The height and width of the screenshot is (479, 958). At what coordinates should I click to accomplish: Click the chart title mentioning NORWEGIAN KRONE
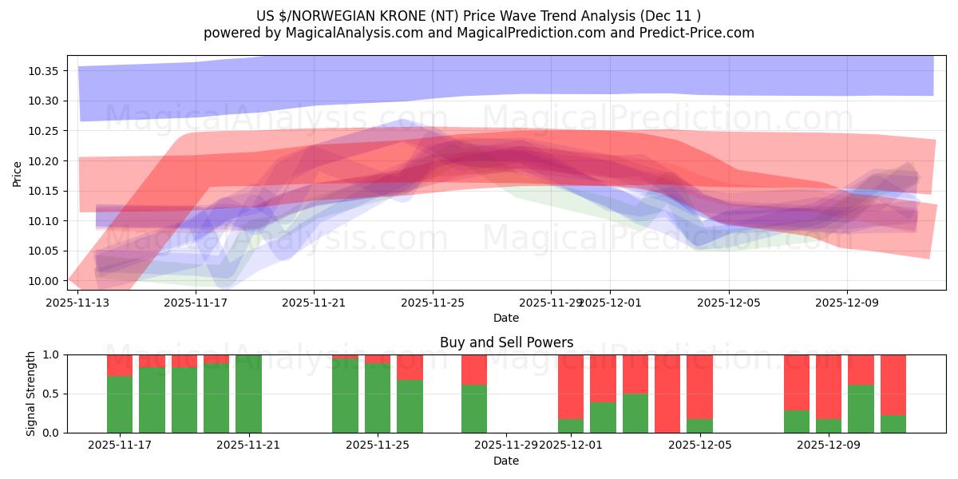click(x=479, y=15)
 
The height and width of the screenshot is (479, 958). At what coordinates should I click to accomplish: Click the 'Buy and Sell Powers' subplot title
click(x=506, y=342)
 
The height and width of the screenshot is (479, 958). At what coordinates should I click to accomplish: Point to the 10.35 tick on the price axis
click(x=43, y=71)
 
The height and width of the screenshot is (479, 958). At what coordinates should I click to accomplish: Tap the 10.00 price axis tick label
click(x=43, y=281)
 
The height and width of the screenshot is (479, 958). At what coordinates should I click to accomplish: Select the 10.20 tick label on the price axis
click(x=43, y=161)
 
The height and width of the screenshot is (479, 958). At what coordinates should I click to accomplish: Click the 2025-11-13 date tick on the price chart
click(x=78, y=303)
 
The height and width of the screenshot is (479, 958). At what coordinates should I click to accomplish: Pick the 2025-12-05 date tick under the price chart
click(x=728, y=303)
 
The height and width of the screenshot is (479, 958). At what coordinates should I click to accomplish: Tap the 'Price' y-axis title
click(x=18, y=172)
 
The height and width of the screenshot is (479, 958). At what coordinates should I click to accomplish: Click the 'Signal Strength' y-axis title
click(x=31, y=394)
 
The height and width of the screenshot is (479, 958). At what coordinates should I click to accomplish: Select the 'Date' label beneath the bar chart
click(x=506, y=461)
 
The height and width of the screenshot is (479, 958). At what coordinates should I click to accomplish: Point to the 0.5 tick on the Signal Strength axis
click(x=50, y=394)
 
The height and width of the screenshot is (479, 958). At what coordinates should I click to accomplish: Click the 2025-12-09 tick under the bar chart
click(x=829, y=445)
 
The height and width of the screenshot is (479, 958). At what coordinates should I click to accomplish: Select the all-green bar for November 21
click(x=248, y=394)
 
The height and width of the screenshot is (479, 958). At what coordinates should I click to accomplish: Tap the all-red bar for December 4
click(x=667, y=394)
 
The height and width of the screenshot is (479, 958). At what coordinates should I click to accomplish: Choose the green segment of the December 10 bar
click(x=861, y=409)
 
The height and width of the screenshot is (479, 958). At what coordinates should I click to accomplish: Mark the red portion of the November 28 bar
click(x=474, y=369)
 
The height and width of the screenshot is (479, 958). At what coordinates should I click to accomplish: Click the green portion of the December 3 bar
click(x=635, y=413)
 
